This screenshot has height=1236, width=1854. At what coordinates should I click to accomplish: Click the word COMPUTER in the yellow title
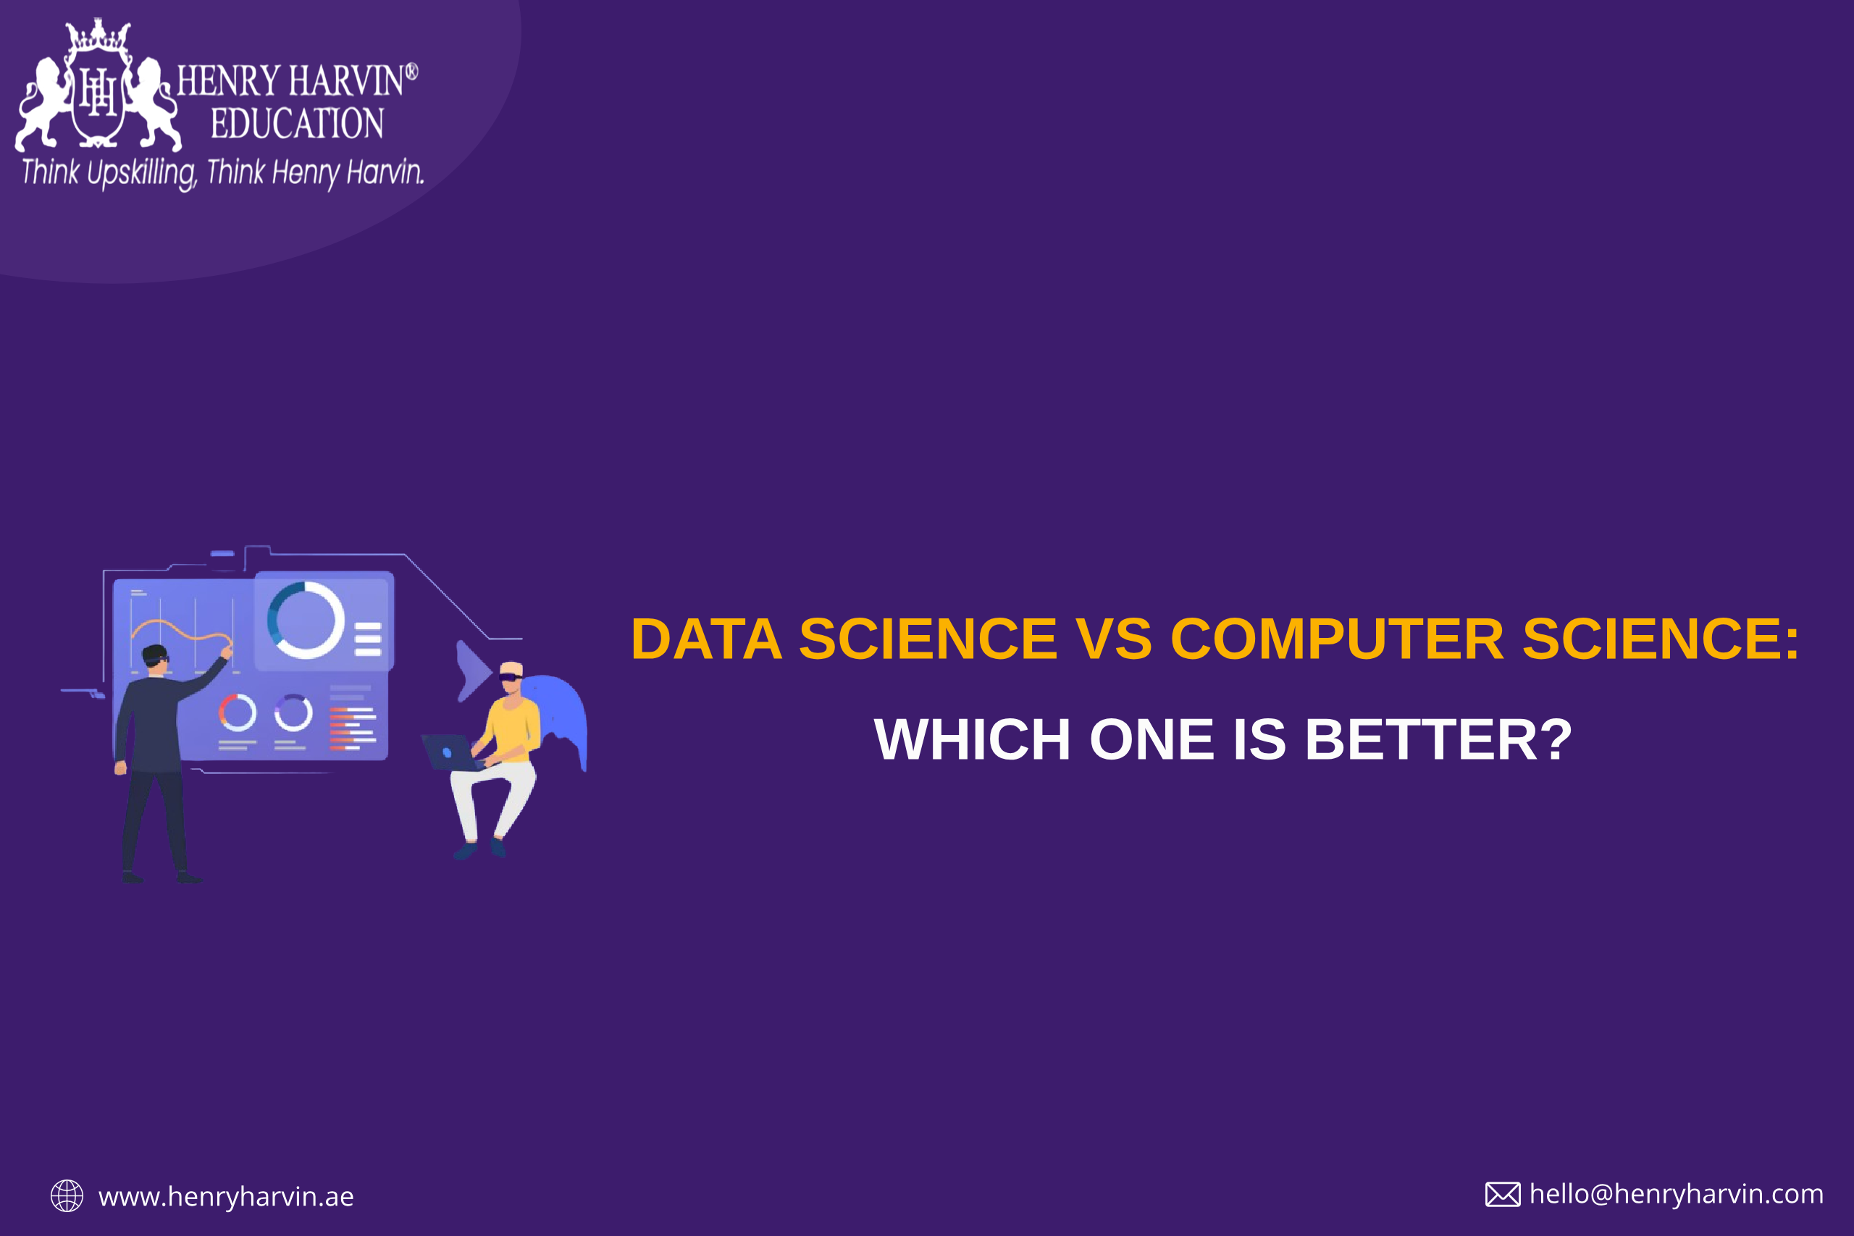click(x=1337, y=639)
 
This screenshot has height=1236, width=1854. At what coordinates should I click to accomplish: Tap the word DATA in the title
click(x=706, y=639)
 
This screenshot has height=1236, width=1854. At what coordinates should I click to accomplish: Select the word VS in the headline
click(x=1114, y=639)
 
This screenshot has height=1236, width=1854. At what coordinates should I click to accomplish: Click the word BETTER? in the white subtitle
click(x=1438, y=739)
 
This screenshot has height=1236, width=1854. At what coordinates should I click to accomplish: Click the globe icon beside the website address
click(x=67, y=1195)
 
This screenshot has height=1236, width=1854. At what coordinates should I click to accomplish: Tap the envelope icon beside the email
click(x=1503, y=1194)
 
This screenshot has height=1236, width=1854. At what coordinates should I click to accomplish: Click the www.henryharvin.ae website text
click(x=226, y=1197)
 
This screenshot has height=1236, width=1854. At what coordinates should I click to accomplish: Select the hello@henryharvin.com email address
click(x=1676, y=1194)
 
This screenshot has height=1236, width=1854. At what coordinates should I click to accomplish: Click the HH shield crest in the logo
click(x=98, y=93)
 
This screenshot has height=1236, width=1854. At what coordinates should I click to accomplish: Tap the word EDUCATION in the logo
click(x=297, y=124)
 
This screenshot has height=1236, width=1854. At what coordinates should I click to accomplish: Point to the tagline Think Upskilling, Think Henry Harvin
click(x=223, y=172)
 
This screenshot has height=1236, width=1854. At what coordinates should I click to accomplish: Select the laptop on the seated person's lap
click(x=452, y=752)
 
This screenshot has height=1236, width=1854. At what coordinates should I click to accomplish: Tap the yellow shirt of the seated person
click(x=513, y=730)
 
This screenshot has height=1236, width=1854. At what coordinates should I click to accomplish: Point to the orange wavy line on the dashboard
click(x=181, y=631)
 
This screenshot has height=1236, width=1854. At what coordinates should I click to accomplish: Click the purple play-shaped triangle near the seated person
click(x=473, y=670)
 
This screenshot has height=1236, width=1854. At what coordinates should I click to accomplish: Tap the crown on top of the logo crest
click(x=98, y=35)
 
